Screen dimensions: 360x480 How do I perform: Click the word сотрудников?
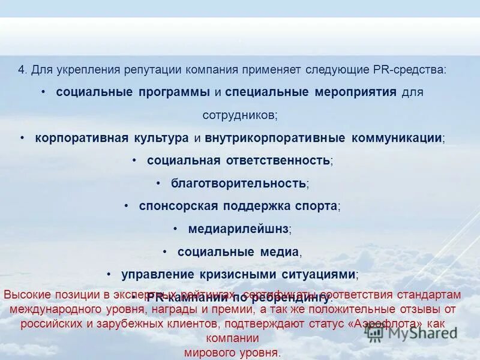pyautogui.click(x=239, y=115)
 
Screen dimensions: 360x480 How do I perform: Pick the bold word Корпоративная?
pyautogui.click(x=77, y=138)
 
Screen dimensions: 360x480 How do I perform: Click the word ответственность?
pyautogui.click(x=278, y=161)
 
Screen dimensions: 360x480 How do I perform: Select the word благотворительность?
pyautogui.click(x=239, y=183)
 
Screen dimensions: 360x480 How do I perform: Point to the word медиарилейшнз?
pyautogui.click(x=238, y=229)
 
